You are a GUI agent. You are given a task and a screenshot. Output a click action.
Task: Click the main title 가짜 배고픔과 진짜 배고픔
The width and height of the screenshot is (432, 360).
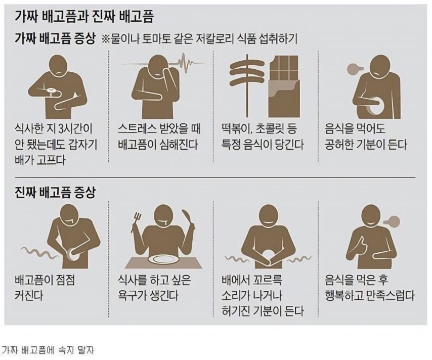(x=84, y=17)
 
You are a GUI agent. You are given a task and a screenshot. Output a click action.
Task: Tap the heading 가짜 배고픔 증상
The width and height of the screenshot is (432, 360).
(x=55, y=39)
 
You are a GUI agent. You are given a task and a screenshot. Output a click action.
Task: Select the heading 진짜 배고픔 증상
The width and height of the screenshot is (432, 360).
(x=55, y=192)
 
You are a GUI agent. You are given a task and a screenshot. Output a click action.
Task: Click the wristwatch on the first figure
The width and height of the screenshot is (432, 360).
(x=51, y=91)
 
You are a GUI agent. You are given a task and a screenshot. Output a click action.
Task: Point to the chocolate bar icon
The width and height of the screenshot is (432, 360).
(x=284, y=86)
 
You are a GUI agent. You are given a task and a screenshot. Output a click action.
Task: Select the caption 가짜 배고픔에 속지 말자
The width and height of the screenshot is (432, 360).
(x=48, y=350)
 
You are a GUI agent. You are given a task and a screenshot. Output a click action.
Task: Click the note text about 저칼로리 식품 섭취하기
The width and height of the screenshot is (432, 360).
(x=199, y=39)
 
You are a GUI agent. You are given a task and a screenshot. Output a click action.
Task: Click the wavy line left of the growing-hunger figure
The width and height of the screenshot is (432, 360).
(x=39, y=252)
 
